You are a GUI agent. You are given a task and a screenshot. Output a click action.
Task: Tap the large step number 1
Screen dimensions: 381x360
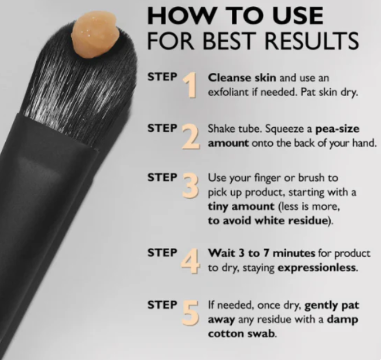point(190,85)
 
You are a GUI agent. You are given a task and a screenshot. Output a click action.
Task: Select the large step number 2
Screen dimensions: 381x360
point(191,136)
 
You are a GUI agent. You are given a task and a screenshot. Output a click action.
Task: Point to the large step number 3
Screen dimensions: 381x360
point(191,185)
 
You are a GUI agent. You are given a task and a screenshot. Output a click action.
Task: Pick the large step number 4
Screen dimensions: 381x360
point(191,261)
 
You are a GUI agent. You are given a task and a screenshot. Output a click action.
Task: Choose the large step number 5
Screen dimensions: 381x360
point(190,313)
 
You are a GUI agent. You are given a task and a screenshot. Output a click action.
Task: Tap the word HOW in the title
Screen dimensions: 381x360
point(182,15)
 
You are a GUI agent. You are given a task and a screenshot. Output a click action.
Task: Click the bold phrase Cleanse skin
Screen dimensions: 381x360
point(242,78)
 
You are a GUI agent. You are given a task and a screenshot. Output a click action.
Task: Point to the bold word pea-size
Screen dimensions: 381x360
point(337,129)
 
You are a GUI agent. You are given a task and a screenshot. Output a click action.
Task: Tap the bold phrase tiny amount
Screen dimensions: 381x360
point(241,206)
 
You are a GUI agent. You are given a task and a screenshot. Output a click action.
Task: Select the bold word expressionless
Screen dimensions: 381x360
point(317,268)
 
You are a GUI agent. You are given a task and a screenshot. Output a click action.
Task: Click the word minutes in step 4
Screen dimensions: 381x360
point(294,253)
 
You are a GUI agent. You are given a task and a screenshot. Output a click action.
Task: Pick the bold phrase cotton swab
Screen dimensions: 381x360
point(242,333)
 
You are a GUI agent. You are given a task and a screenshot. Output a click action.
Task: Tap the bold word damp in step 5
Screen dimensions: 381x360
point(343,320)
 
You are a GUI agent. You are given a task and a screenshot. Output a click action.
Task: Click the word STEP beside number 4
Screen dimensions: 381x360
point(162,253)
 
